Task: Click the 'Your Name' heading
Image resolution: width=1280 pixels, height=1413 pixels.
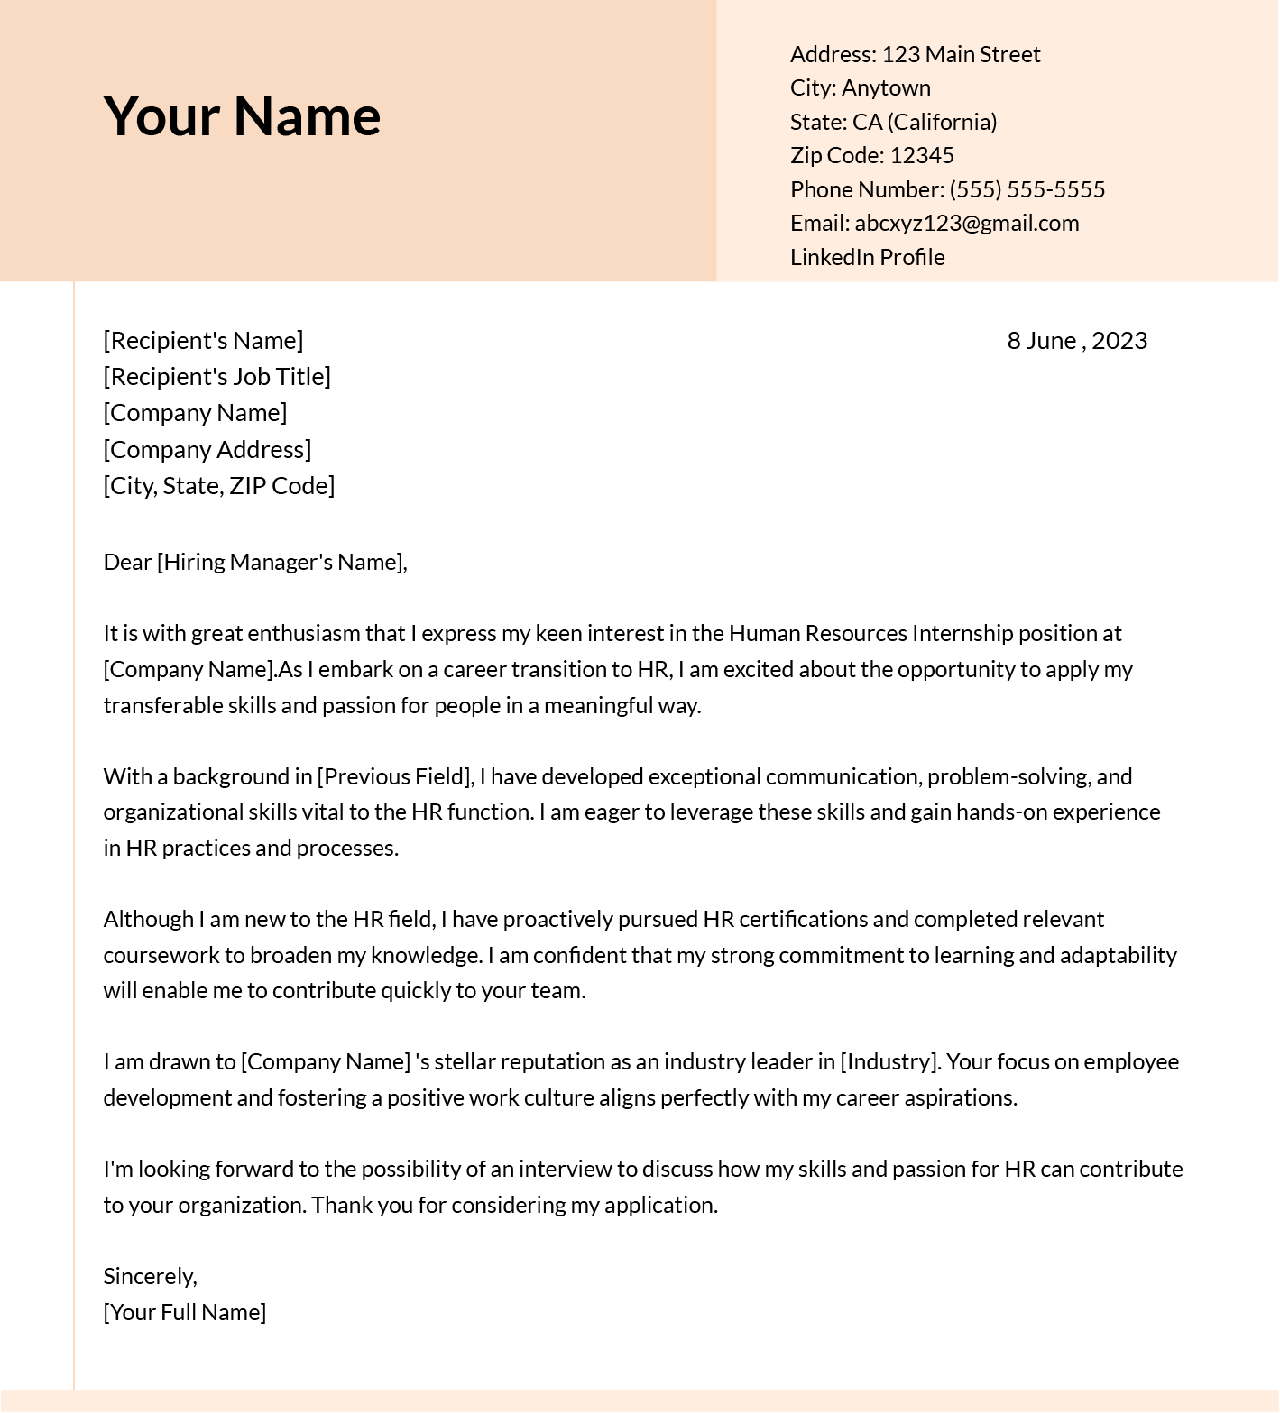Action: coord(242,116)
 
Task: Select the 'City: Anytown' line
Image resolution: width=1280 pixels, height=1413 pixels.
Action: coord(860,88)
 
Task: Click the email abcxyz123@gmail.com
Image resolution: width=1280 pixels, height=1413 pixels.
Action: coord(966,224)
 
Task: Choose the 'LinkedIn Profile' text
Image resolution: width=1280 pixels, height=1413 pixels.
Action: coord(867,258)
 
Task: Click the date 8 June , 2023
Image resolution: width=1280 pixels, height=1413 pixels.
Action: coord(1076,341)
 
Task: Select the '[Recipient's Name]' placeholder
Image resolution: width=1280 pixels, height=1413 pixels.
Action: coord(203,341)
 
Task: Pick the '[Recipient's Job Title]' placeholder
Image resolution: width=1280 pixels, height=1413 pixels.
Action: coord(216,377)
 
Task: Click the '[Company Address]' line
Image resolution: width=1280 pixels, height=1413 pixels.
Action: coord(207,450)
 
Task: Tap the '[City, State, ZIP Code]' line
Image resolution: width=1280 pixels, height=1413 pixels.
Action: coord(218,486)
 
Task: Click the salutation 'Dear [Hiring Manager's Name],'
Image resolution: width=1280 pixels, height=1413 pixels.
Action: coord(255,563)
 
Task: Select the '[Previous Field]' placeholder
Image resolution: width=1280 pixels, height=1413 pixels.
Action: coord(395,777)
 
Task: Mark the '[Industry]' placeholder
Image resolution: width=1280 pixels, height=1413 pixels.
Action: coord(889,1062)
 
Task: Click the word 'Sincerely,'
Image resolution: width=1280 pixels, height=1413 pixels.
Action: coord(150,1277)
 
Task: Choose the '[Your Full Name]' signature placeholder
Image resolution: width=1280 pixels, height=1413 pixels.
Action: coord(184,1313)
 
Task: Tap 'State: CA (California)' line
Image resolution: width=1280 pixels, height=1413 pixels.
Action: coord(893,123)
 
